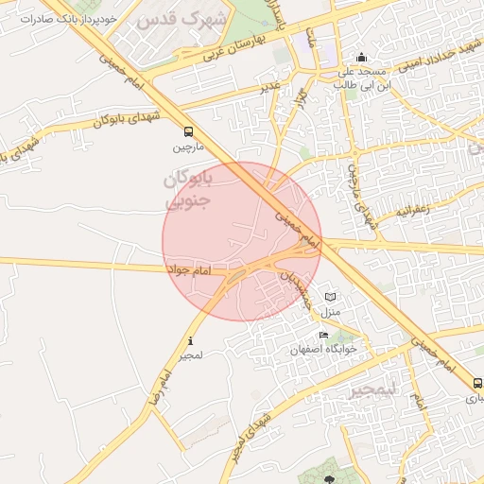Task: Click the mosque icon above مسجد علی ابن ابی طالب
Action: coord(360,57)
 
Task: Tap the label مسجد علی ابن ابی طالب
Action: coord(360,78)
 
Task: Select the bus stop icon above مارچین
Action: coord(189,132)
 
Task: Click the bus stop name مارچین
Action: coord(187,147)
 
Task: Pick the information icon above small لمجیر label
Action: coord(191,341)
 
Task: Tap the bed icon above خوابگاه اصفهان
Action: coord(323,335)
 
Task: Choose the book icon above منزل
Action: coord(330,297)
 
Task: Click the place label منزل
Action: coord(330,311)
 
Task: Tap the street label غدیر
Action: coord(270,87)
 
